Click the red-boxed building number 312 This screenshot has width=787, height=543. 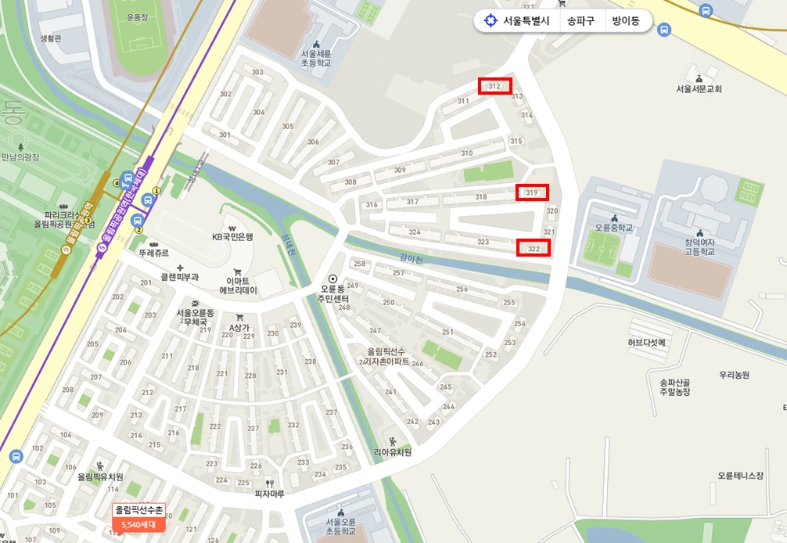pos(494,86)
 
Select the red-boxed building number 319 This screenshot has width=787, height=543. pos(532,192)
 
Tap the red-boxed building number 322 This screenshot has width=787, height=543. pos(534,248)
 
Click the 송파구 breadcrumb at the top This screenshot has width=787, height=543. pos(580,21)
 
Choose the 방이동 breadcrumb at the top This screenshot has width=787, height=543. pos(626,21)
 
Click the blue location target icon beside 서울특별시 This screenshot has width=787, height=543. pos(491,21)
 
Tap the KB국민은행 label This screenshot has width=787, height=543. pos(234,236)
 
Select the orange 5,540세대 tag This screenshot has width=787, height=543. pos(138,524)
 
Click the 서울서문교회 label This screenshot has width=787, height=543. pos(699,89)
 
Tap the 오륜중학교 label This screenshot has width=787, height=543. pos(613,228)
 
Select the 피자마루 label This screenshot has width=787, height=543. pos(268,494)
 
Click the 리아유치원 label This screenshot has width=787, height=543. pos(392,451)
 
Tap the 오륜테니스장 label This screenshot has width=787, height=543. pos(740,475)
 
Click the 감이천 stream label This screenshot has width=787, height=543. pos(411,260)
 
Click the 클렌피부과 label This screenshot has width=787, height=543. pos(179,276)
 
